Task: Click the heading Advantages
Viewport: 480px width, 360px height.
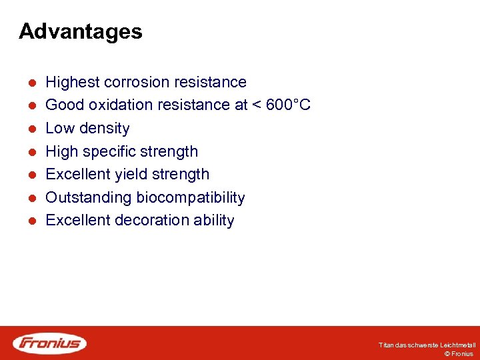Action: (x=80, y=31)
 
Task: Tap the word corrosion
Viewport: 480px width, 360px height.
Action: (x=135, y=82)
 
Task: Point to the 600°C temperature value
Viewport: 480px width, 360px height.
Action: (x=288, y=105)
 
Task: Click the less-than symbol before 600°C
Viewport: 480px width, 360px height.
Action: (x=257, y=105)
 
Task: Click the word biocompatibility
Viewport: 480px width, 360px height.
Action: (x=191, y=197)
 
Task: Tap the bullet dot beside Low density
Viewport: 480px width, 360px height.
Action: (x=31, y=129)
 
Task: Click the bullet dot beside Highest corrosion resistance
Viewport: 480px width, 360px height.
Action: (x=31, y=83)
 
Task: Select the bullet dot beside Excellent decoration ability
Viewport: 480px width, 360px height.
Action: (x=31, y=221)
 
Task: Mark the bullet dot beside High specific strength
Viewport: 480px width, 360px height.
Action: (x=31, y=152)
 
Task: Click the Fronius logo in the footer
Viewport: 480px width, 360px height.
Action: (x=49, y=343)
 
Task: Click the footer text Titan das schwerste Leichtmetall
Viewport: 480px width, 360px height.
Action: (x=427, y=345)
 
